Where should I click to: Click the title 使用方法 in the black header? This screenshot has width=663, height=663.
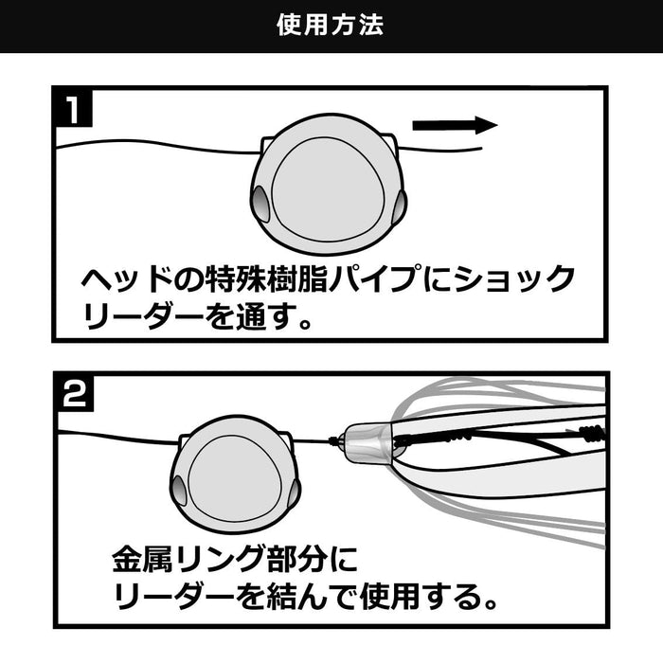[x=331, y=26]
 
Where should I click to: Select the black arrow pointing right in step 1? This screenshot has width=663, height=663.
[x=455, y=126]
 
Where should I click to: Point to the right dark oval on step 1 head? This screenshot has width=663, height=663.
[x=400, y=200]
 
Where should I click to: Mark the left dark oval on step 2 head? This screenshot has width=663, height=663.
[x=178, y=488]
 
